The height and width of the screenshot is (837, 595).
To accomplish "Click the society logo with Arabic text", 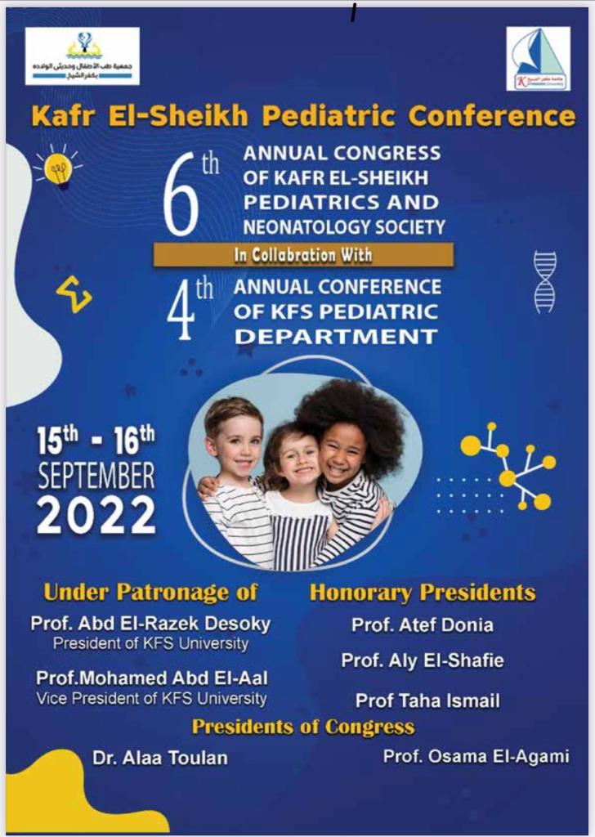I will point(82,56).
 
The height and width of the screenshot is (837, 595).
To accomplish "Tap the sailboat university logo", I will point(538,58).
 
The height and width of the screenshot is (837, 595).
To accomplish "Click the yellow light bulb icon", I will point(58,168).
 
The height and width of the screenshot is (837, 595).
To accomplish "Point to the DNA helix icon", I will point(544,282).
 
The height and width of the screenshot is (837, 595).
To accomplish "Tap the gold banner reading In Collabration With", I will point(303,255).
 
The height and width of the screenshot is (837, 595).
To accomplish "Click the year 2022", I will point(96,515).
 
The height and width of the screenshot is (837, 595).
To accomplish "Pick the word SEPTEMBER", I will point(96,477).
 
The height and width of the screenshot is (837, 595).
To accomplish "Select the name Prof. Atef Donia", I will point(423,625).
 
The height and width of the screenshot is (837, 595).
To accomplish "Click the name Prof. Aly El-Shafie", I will point(423,661).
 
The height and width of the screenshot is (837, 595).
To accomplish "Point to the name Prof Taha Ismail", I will point(427,700).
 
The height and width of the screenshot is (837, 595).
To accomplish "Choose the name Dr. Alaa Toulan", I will point(159,758).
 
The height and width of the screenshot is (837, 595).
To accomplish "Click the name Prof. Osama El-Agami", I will point(476,756).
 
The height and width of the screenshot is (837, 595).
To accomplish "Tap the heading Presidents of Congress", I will point(303,727).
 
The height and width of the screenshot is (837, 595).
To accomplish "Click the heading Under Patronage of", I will point(150,592).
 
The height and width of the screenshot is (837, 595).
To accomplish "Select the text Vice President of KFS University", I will point(151,699).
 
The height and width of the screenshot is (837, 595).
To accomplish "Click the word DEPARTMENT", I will point(336,336).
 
